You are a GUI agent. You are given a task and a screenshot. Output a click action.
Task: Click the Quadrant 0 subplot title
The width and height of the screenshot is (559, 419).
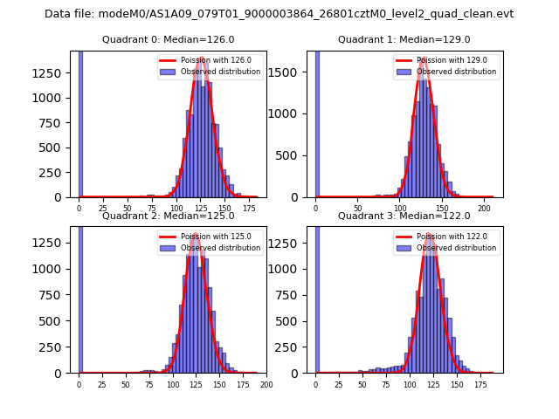(x=168, y=39)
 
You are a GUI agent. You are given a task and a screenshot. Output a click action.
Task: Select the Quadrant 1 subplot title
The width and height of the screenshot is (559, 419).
(x=404, y=39)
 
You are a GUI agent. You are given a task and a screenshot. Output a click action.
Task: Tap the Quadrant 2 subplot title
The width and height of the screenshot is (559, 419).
(x=168, y=216)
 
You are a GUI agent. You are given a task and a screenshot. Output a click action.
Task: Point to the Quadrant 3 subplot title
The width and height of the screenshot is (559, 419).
(x=404, y=216)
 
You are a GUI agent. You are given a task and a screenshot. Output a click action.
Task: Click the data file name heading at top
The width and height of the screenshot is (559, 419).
(x=279, y=14)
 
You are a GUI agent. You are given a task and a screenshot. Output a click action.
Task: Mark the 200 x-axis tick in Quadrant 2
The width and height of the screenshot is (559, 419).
(x=266, y=384)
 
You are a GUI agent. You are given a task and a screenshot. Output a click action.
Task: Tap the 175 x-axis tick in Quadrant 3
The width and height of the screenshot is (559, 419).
(x=480, y=384)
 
